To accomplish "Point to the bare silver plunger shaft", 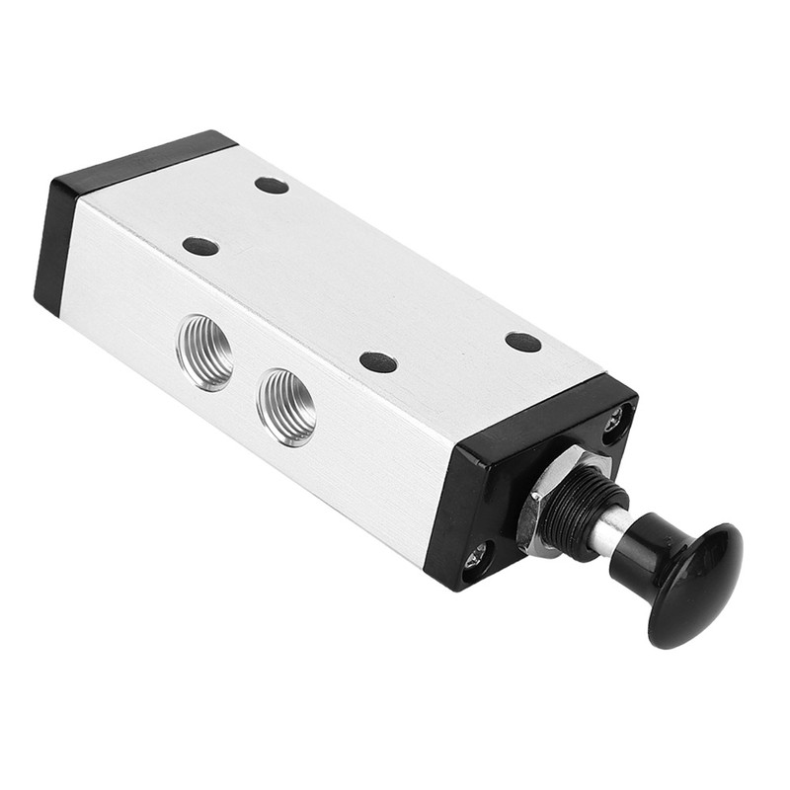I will click(605, 532).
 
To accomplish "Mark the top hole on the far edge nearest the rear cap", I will click(272, 185).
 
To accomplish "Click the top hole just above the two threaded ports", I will click(200, 246).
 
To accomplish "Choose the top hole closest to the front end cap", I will click(523, 342).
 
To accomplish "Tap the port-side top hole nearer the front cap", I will click(378, 361).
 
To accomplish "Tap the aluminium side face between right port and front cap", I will click(385, 464).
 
